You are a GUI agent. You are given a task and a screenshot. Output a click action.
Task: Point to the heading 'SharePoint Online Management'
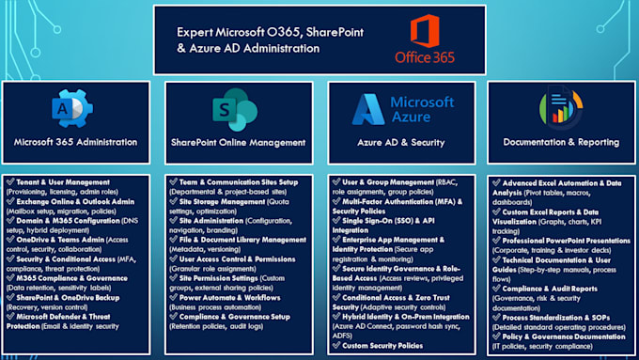tap(238, 143)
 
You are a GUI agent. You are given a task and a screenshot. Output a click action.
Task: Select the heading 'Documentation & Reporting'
tap(559, 143)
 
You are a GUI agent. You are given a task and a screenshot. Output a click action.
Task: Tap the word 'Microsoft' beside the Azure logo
tap(421, 101)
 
